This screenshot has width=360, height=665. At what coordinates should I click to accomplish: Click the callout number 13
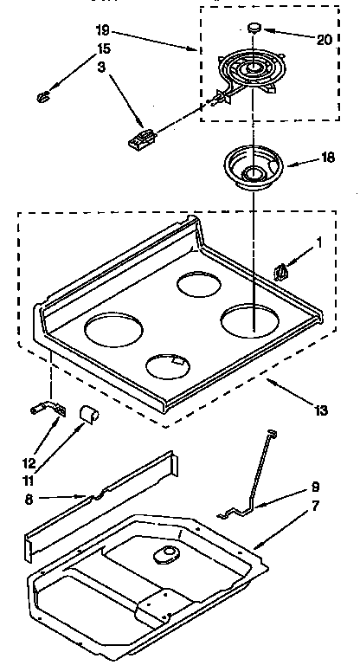(x=321, y=410)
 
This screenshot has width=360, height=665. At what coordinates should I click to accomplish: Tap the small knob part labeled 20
(x=254, y=28)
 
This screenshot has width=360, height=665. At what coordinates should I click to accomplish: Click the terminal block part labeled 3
(x=142, y=138)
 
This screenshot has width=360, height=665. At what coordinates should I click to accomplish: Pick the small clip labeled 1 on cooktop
(x=281, y=271)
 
